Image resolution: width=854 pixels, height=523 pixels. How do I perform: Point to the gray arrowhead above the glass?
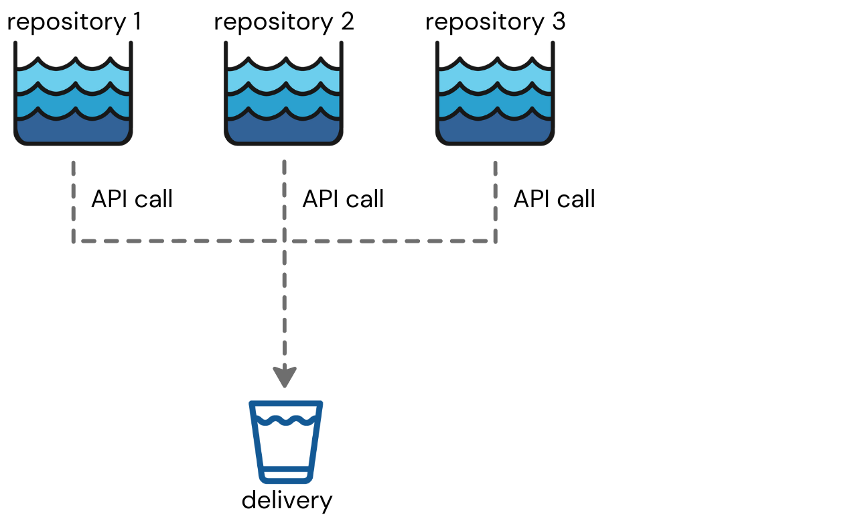click(285, 377)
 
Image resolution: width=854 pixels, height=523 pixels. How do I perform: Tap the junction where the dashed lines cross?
click(285, 241)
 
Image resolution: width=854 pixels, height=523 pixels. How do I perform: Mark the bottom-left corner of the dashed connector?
click(74, 241)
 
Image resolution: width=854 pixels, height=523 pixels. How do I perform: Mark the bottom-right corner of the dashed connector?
click(495, 241)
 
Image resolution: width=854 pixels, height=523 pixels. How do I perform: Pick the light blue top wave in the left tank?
click(73, 78)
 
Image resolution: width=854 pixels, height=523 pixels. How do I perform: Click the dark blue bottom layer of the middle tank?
click(283, 131)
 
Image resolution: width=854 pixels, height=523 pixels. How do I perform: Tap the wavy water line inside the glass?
click(286, 421)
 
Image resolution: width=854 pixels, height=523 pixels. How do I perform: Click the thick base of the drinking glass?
click(286, 477)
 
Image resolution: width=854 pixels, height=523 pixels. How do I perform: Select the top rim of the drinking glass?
click(286, 404)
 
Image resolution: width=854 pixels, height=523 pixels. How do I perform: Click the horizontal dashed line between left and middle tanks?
click(177, 241)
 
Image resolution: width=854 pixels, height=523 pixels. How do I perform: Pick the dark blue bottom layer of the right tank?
click(495, 131)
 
